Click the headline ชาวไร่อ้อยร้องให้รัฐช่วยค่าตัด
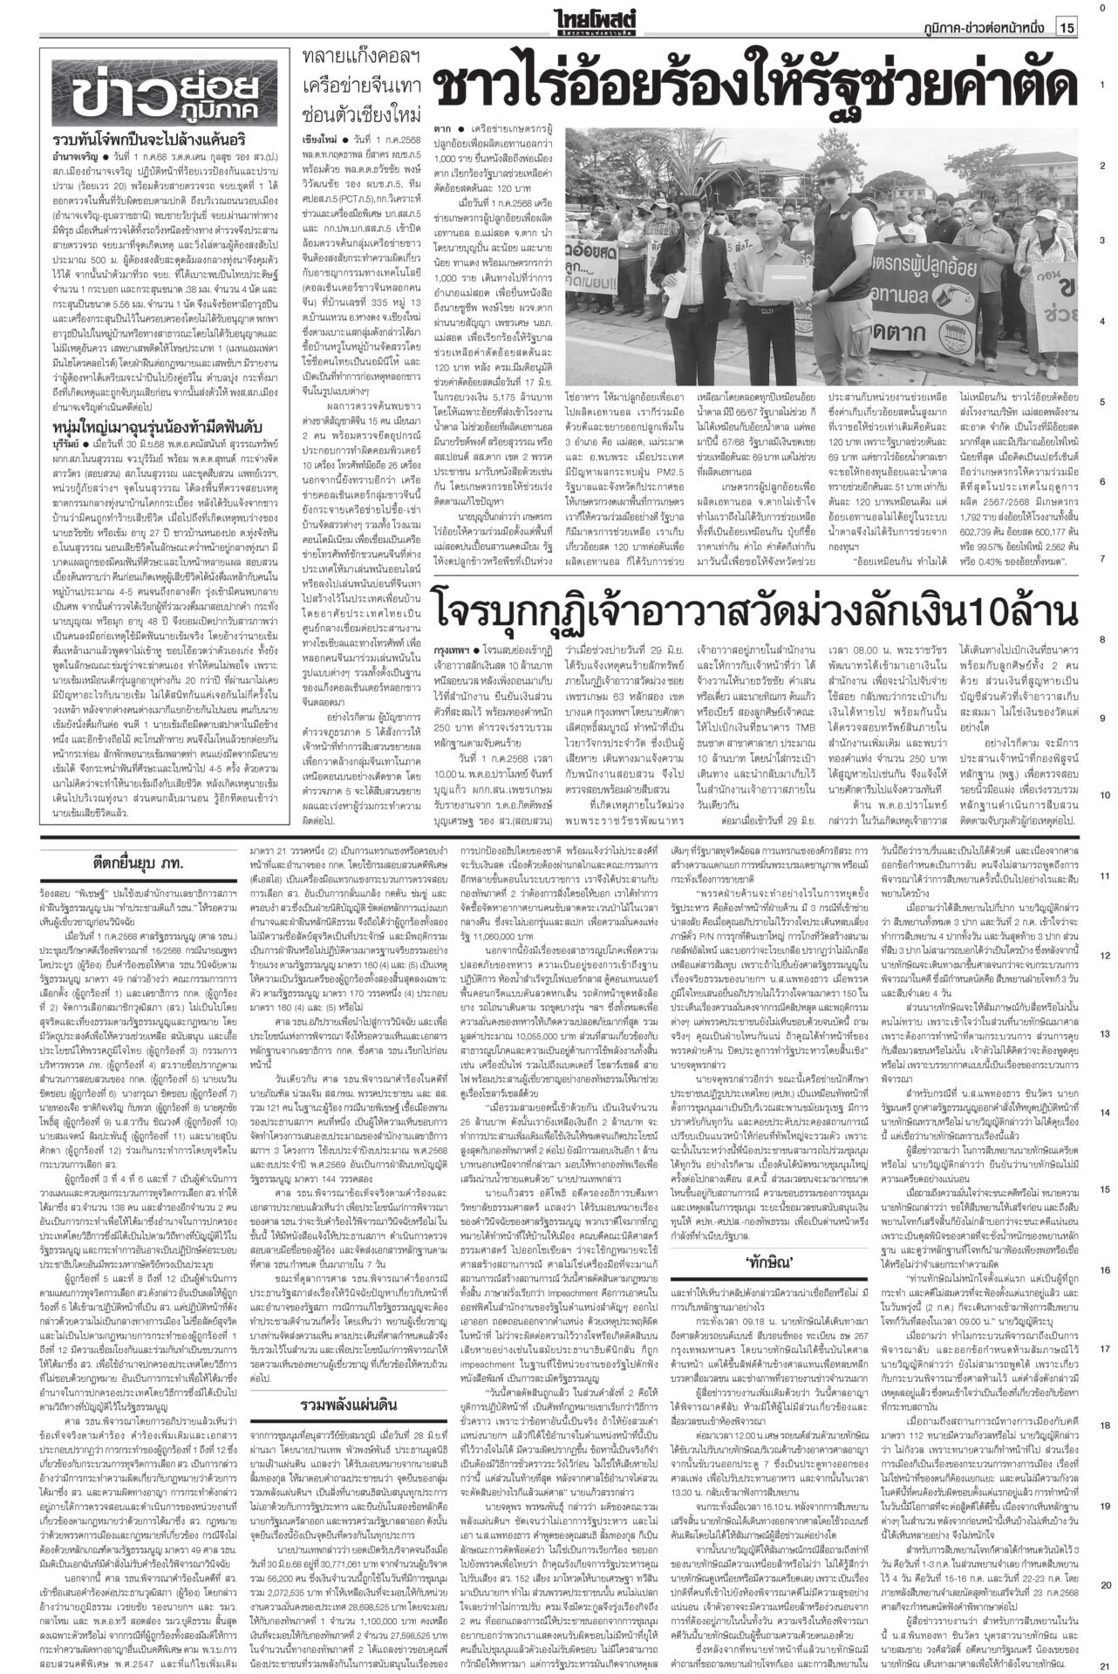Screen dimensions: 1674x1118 point(755,87)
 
